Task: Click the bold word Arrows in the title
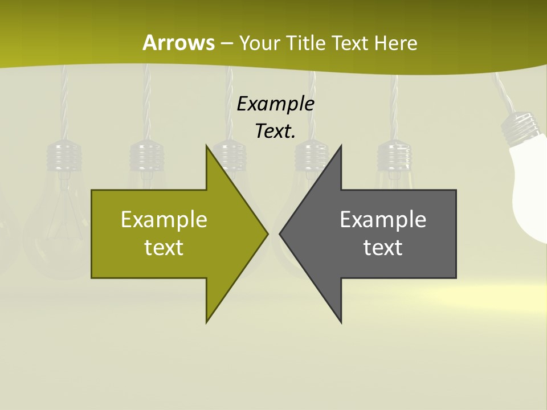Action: coord(178,43)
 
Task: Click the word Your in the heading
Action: coord(258,43)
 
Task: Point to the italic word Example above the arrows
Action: coord(276,104)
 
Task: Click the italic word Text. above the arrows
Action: coord(276,132)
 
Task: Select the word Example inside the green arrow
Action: coord(164,220)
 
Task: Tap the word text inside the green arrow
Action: coord(164,248)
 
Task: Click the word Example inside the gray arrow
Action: coord(383,220)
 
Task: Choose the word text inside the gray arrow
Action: coord(383,248)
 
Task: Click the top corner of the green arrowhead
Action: coord(207,146)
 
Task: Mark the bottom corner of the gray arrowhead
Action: coord(341,322)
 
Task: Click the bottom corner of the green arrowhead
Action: coord(207,322)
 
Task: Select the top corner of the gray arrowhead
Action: coord(341,146)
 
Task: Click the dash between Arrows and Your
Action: coord(226,43)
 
